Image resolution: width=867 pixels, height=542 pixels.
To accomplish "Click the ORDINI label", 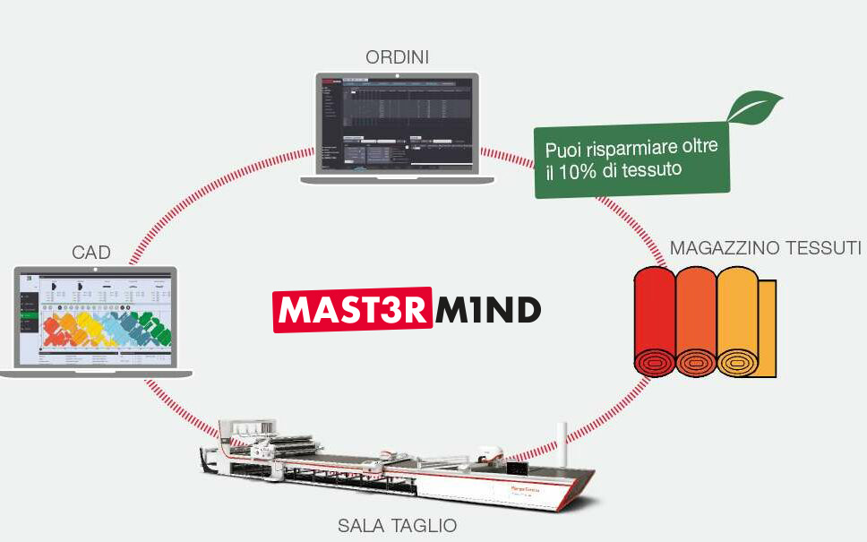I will click(397, 57).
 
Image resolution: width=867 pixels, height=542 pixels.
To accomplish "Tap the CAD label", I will click(91, 253).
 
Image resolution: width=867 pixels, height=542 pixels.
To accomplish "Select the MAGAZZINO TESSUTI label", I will click(765, 246).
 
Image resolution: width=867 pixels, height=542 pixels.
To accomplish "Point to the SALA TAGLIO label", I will click(397, 525).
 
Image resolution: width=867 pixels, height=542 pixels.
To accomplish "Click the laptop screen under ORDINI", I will click(397, 124).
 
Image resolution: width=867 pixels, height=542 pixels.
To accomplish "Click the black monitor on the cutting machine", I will click(519, 469).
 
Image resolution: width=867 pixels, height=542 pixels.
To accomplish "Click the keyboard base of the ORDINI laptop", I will click(397, 180).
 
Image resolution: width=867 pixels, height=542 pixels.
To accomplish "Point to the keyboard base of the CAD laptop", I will click(97, 371).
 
